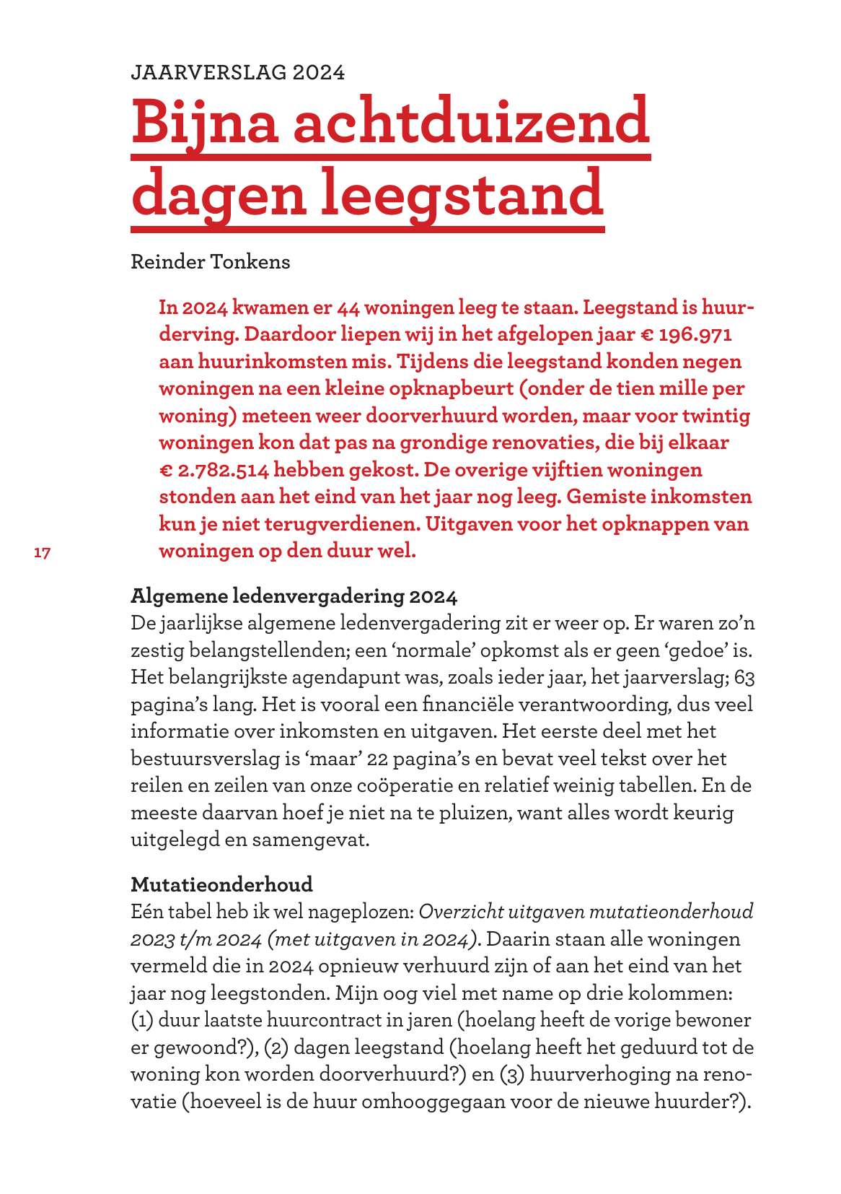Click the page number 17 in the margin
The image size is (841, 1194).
[43, 553]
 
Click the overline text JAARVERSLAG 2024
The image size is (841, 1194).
[237, 72]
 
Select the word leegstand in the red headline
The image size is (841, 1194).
[462, 193]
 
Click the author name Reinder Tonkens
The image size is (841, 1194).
[210, 261]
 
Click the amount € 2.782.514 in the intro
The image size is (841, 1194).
[214, 470]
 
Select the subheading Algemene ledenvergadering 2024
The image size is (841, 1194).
[294, 596]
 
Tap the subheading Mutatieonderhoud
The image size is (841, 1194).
[221, 884]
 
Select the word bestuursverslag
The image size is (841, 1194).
[212, 759]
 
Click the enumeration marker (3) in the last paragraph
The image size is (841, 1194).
[511, 1074]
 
